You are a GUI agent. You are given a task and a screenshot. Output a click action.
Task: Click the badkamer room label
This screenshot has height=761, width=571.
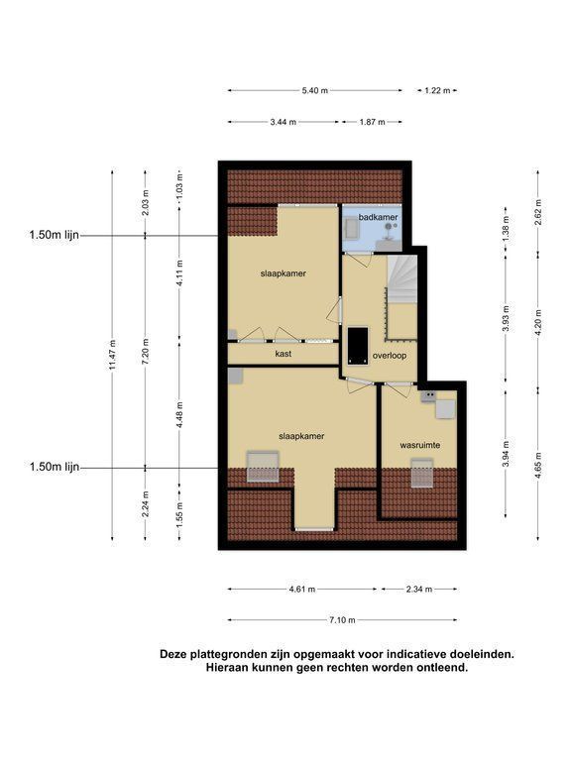tap(379, 217)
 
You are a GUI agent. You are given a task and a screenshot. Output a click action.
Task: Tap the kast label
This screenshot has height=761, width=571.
tap(284, 354)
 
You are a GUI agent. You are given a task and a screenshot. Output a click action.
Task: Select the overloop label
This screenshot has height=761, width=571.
tap(390, 356)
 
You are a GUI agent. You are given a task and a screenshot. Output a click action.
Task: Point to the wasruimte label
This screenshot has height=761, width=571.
tap(420, 445)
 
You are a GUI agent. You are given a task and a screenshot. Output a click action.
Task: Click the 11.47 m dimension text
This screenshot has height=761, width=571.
tap(113, 356)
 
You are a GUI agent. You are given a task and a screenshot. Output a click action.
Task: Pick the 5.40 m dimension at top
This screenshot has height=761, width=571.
tap(314, 90)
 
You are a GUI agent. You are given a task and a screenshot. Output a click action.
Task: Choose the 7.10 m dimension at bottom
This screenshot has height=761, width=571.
tap(342, 619)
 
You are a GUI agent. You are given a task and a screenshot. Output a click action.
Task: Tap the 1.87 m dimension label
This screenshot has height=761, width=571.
tap(372, 122)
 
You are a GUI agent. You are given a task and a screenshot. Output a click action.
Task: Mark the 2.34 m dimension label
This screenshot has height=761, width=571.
tap(419, 590)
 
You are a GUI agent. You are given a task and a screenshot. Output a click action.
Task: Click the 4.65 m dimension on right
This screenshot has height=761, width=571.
tap(538, 466)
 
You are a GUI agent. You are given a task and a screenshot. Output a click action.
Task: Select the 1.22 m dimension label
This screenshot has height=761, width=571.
tap(437, 90)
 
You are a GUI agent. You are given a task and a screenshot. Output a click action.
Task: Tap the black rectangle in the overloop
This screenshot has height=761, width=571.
tap(358, 346)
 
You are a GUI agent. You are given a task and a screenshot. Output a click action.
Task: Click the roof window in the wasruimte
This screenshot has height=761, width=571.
tap(421, 473)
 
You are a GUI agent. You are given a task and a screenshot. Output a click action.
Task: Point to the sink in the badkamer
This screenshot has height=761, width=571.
tap(350, 229)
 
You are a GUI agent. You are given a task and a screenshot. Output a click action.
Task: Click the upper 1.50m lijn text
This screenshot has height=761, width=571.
tap(54, 236)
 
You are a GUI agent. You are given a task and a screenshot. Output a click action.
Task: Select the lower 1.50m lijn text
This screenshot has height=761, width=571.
tap(54, 467)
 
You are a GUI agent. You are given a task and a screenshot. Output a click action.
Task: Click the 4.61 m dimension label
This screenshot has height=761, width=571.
tap(302, 590)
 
